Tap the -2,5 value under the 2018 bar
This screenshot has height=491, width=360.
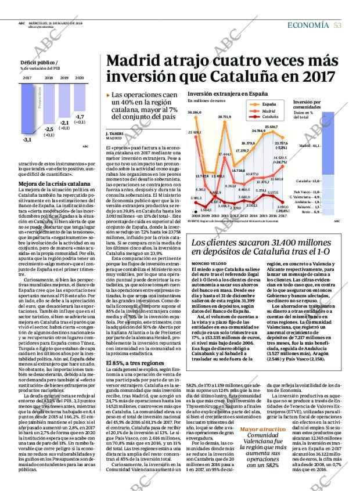point(49,129)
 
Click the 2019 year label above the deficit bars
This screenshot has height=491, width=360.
point(64,77)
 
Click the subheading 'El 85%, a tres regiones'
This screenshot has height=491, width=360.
point(128,346)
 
